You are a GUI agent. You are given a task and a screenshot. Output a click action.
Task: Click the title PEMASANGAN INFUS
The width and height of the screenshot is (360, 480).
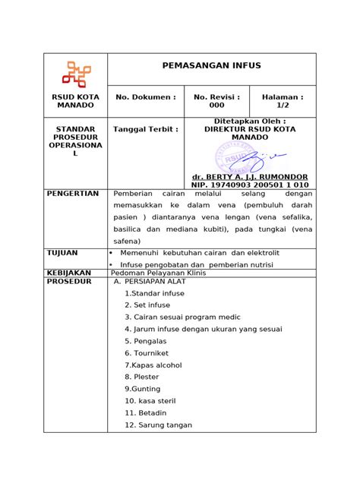(x=211, y=66)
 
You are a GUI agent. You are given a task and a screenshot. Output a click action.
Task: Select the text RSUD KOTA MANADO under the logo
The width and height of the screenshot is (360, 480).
(x=75, y=103)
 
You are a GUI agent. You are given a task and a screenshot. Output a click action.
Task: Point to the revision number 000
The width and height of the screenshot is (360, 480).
(x=216, y=106)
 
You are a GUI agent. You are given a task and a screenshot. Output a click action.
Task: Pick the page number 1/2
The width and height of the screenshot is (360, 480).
(x=283, y=106)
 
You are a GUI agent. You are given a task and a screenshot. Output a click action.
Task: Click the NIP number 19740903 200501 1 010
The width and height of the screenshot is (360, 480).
(x=249, y=185)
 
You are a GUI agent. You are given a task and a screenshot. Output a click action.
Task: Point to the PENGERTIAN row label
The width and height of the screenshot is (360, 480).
(x=73, y=194)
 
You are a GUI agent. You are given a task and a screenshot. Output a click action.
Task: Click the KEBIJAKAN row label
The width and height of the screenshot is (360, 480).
(x=69, y=272)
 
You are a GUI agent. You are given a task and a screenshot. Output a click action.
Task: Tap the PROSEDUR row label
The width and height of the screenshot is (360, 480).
(x=69, y=282)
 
